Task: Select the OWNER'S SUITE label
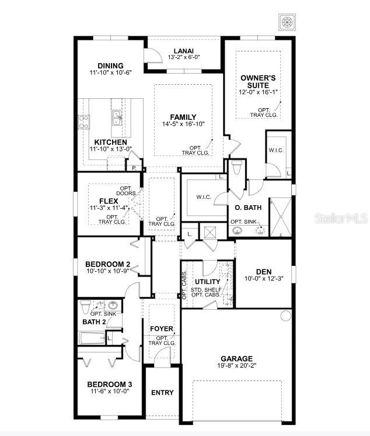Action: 259,81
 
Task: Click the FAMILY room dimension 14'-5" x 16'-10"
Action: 183,124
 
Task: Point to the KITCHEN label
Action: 110,142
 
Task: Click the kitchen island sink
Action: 117,116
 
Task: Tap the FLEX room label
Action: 109,200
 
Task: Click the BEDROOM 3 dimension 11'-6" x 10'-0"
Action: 110,392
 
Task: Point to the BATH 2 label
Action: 94,322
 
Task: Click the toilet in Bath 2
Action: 86,306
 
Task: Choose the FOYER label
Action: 162,328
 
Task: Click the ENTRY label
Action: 162,392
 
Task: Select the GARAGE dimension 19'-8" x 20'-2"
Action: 236,366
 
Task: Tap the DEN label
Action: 264,271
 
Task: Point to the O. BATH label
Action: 248,207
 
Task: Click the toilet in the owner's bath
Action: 236,169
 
